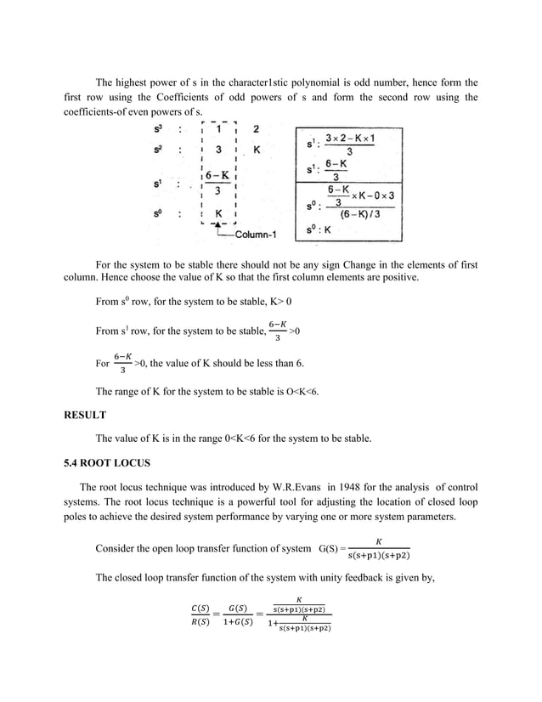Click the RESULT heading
(86, 416)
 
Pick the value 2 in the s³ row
(257, 129)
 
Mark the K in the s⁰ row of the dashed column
(219, 214)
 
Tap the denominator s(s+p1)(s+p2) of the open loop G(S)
(379, 557)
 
